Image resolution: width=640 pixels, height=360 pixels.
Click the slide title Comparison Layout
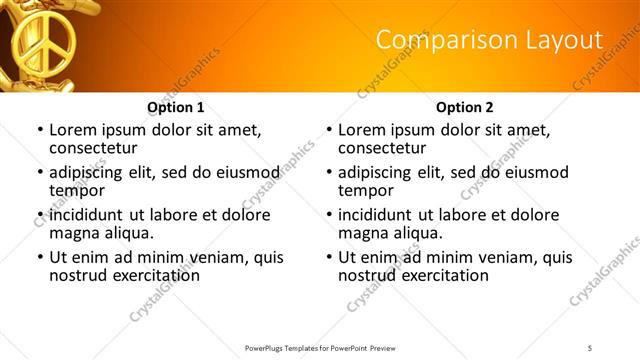[489, 40]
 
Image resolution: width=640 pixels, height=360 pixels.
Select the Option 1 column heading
[176, 107]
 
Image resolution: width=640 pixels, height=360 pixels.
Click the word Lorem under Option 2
[361, 130]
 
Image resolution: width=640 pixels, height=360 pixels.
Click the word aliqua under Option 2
[414, 233]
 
